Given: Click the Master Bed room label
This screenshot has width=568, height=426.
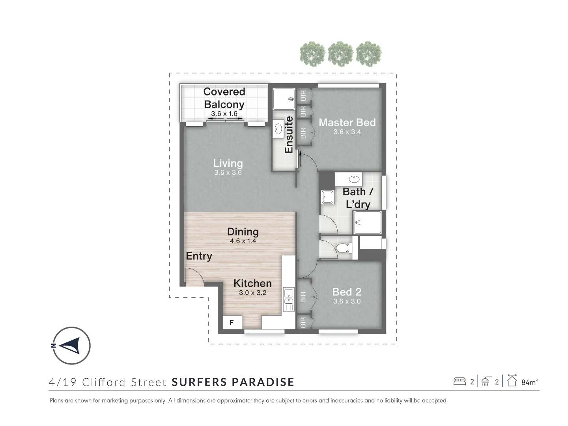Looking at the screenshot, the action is coord(347,123).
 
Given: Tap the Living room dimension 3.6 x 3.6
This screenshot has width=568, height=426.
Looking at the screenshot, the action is coord(228,172).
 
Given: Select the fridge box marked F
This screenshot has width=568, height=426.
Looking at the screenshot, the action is coord(232,322).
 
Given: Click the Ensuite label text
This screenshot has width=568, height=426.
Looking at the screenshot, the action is coord(289,135).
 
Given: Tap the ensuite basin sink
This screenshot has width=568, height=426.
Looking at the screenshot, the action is coord(278,129).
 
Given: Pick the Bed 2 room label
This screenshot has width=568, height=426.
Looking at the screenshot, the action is coord(347,292).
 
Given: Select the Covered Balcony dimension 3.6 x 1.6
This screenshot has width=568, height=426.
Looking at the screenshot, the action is coord(224,114).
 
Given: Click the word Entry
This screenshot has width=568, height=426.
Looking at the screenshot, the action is coord(199,256).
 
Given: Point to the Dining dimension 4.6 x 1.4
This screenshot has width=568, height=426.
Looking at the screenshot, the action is coord(243,241).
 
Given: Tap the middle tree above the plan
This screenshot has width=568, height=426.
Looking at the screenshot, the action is coord(340,54).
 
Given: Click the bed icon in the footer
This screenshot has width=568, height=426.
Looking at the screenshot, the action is coord(459,382).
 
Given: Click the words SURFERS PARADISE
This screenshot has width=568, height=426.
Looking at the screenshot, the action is coord(233,382).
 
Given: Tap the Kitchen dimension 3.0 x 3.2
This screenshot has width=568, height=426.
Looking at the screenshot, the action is coord(252,293).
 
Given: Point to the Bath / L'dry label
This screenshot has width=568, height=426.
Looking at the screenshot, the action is coord(358,198).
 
